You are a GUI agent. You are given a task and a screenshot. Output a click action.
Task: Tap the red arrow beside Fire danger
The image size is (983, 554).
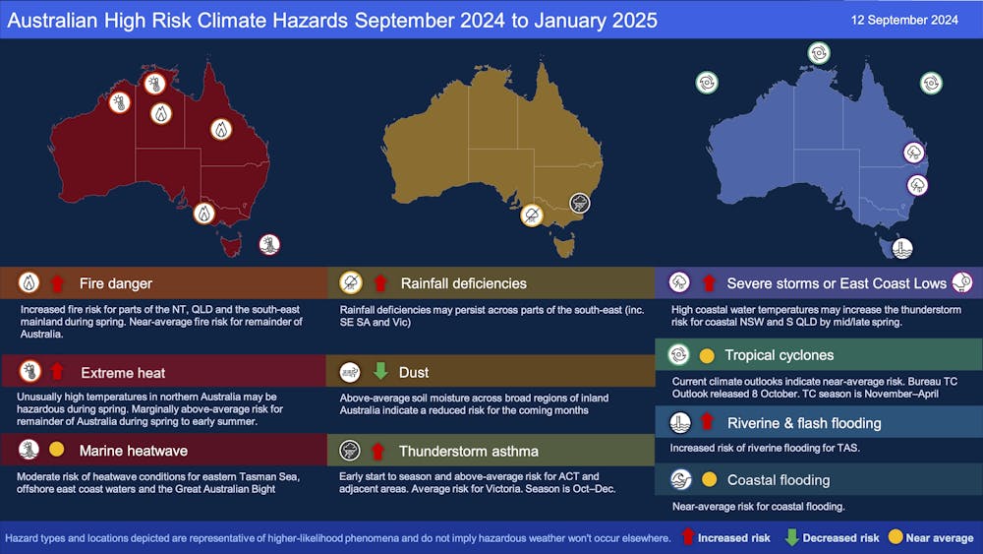pos(56,284)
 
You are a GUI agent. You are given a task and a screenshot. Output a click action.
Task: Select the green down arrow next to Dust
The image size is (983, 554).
pos(378,373)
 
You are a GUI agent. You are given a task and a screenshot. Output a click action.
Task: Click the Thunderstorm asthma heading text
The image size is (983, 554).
pos(468,451)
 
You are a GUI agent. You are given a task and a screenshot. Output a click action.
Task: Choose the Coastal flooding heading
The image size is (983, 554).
pos(778,480)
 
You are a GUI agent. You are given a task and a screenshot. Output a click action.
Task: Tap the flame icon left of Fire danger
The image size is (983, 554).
pos(29,284)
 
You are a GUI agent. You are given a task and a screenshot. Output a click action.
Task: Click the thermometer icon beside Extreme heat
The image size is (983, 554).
pos(29,373)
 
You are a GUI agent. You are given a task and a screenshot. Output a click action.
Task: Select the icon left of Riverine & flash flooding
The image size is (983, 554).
pos(679,423)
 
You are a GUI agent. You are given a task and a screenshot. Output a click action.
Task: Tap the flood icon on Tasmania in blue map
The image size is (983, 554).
pos(901,248)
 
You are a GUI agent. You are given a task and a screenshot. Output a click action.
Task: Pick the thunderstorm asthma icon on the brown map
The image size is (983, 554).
pos(580,203)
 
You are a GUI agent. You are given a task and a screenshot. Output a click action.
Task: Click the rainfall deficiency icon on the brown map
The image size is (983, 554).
pos(532,215)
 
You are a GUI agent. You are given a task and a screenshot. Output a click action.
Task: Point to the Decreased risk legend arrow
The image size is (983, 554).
pos(790,538)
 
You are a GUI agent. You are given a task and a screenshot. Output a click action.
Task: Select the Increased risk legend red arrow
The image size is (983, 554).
pos(689,538)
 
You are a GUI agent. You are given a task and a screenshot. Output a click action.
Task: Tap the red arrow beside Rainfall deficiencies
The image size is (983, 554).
pos(378,284)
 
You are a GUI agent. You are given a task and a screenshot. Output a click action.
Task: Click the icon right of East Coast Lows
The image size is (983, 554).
pos(962,283)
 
